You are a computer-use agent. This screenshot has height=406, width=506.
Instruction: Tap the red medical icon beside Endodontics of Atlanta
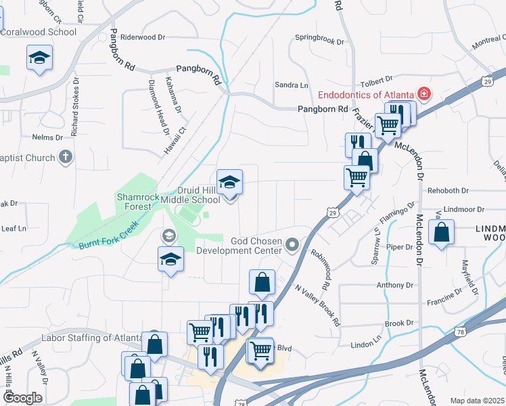424,93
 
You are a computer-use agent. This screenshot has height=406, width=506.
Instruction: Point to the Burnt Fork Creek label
108,234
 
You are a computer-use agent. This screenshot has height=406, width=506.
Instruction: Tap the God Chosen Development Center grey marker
292,244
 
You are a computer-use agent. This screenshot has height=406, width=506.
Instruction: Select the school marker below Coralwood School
39,58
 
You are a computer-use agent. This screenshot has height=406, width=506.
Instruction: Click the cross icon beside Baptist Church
66,158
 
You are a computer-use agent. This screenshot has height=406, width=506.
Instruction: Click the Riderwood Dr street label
143,37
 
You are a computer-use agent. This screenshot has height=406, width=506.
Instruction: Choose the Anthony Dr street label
390,285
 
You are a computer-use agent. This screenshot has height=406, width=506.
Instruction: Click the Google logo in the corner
23,399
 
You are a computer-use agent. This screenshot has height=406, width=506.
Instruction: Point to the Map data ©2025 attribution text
476,401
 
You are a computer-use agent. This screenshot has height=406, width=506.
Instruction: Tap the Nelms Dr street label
47,137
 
